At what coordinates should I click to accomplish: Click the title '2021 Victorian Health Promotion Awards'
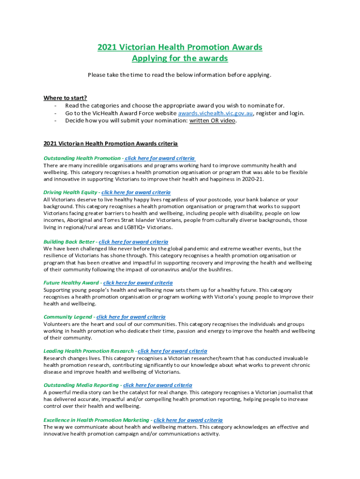point(180,47)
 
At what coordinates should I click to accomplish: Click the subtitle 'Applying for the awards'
point(180,58)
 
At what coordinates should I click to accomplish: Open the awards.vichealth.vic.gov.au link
point(216,113)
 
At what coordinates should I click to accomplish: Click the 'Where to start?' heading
point(65,98)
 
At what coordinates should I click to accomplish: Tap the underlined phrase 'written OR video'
point(213,120)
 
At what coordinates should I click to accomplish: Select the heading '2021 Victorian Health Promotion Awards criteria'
point(111,143)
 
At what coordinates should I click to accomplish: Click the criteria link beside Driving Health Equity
point(136,192)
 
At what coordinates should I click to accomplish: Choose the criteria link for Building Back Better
point(133,242)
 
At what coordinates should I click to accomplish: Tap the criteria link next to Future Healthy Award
point(138,283)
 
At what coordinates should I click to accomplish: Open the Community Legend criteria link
point(131,317)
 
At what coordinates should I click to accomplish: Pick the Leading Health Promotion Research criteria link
point(173,351)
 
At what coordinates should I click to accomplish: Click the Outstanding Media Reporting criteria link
point(158,385)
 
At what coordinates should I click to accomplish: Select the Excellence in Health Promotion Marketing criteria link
point(188,420)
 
